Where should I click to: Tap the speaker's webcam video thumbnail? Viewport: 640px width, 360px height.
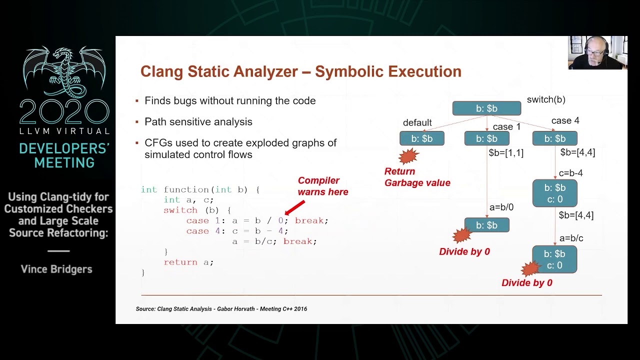point(597,52)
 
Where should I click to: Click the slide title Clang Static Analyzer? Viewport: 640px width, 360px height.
point(300,71)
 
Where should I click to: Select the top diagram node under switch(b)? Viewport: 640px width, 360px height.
point(486,108)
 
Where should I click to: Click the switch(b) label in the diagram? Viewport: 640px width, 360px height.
point(546,99)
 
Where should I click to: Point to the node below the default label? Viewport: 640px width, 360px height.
point(421,138)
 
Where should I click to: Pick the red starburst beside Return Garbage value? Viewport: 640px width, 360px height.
point(408,156)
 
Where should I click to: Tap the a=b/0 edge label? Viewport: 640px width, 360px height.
point(501,207)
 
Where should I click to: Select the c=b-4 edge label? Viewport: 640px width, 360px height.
point(570,173)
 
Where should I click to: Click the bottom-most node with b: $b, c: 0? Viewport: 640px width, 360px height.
point(554,259)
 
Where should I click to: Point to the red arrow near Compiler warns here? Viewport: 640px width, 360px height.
point(295,207)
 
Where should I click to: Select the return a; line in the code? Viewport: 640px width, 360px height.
point(188,262)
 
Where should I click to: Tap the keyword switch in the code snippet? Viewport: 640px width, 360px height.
point(180,210)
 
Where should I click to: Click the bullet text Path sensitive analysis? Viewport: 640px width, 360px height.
point(198,122)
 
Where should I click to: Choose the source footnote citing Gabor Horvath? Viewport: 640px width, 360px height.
point(221,309)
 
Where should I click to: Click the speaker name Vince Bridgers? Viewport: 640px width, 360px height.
point(56,269)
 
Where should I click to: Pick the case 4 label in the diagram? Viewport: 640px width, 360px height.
point(565,120)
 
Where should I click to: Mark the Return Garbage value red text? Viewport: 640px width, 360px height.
point(417,177)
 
